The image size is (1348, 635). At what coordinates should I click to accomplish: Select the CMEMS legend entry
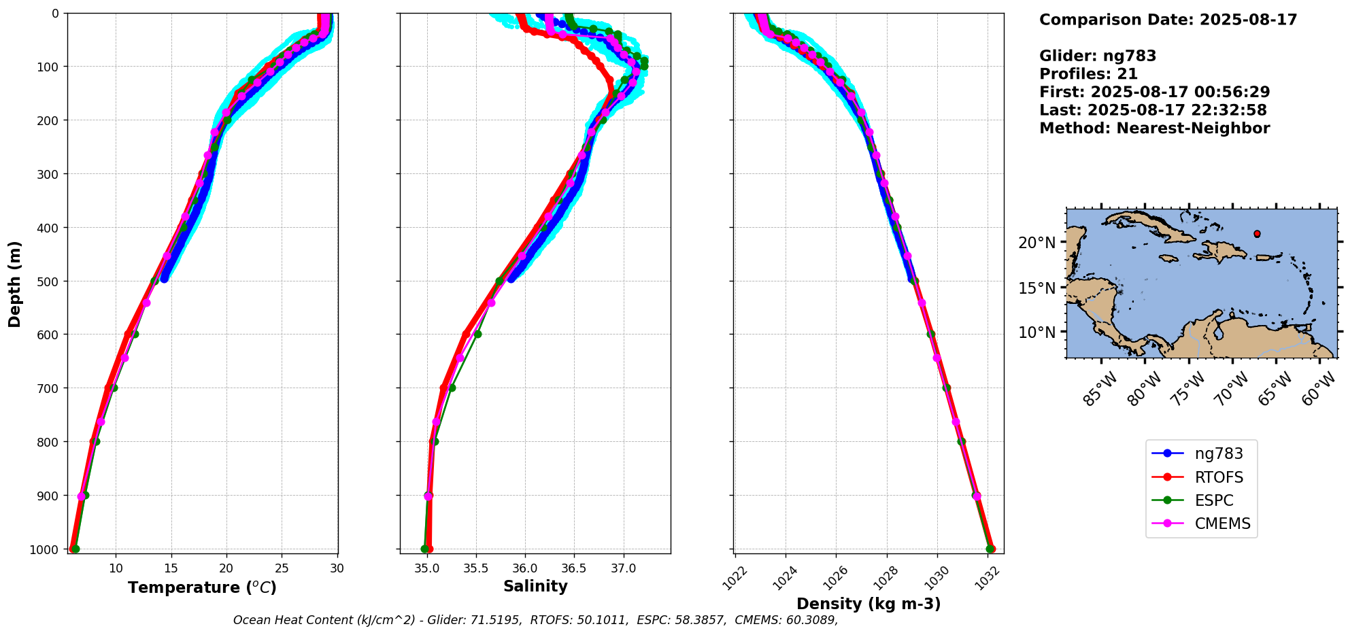tap(1222, 524)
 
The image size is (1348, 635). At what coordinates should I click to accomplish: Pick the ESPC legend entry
tap(1213, 500)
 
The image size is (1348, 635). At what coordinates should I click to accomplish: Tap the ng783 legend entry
tap(1218, 454)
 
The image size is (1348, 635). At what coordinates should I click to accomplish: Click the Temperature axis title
tap(202, 587)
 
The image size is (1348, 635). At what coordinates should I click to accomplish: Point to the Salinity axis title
tap(535, 586)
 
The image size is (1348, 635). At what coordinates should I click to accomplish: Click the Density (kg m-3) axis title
tap(869, 604)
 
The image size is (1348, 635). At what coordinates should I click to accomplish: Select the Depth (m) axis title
tap(15, 284)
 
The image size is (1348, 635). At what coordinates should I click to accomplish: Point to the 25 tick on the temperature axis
tap(282, 568)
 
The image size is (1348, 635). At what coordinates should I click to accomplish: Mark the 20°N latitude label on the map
tap(1037, 243)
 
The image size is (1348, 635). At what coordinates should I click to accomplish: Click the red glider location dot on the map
tap(1257, 234)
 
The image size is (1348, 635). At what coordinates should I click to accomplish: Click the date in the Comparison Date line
tap(1248, 20)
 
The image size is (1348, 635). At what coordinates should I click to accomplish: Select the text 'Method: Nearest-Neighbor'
tap(1154, 128)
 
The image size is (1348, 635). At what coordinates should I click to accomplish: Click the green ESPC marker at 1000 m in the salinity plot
tap(425, 549)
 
